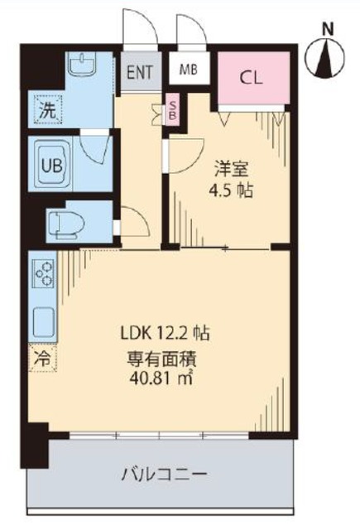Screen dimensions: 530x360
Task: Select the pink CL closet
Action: (252, 79)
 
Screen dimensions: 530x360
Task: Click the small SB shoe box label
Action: (172, 110)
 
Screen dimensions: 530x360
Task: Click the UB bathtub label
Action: (52, 163)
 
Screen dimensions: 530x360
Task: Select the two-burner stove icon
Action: (44, 273)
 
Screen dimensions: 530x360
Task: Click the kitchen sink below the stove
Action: (43, 319)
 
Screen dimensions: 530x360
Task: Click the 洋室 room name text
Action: (229, 169)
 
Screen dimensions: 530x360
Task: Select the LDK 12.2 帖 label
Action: (161, 335)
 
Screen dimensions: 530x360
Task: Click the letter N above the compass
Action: (329, 26)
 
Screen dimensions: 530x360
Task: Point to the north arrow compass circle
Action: (328, 59)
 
